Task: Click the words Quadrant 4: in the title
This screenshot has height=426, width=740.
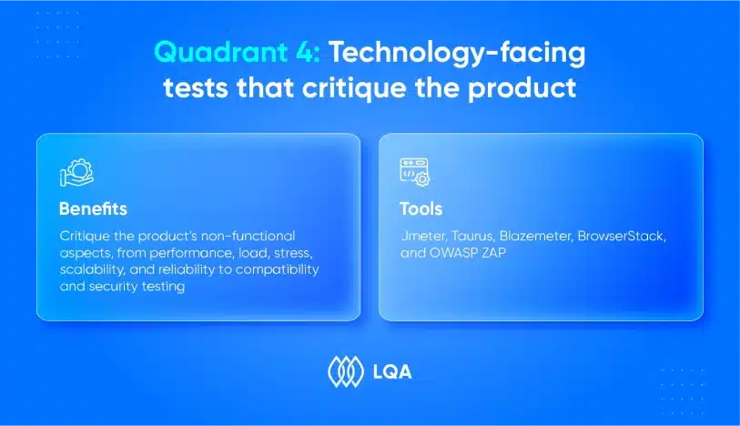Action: point(238,52)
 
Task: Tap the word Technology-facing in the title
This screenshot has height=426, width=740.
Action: point(457,54)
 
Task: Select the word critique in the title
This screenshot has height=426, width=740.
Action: point(354,88)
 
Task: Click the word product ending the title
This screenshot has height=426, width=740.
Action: point(522,88)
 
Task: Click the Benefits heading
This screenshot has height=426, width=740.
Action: point(93,208)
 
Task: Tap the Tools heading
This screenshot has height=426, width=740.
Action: point(421,208)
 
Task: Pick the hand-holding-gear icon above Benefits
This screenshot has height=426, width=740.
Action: point(77,173)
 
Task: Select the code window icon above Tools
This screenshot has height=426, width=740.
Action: point(415,172)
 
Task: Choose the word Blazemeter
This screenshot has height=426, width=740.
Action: point(536,236)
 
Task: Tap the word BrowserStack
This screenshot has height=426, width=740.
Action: point(622,236)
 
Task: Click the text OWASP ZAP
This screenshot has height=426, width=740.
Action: point(467,253)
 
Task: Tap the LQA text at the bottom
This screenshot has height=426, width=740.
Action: point(392,372)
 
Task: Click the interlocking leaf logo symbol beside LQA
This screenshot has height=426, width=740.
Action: point(346,371)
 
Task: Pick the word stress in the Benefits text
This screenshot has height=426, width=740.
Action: point(292,253)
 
